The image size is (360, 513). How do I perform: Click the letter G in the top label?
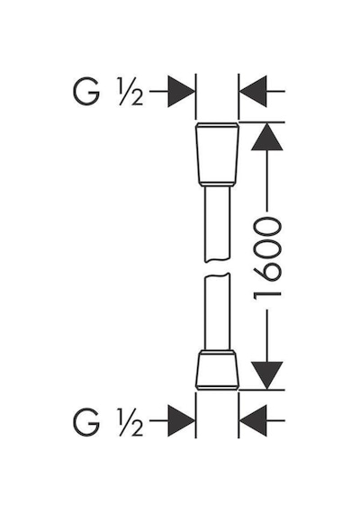coord(86,92)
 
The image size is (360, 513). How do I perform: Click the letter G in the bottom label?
coord(86,422)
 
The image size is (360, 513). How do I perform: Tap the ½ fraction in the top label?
coord(131,92)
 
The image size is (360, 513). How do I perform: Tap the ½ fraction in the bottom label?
coord(131,422)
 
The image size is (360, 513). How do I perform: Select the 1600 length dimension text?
coord(267,258)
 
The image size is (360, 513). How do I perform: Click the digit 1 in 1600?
coord(267,294)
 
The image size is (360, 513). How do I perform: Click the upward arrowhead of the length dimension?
coord(267,137)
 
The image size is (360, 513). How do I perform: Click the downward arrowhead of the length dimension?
coord(267,375)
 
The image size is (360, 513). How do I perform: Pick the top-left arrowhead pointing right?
coord(181,91)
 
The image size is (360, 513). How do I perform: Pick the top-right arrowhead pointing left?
coord(253,91)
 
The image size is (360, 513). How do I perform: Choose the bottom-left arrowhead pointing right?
coord(181,420)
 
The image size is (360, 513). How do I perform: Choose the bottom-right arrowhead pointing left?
coord(253,420)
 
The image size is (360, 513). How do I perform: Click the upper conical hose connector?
coord(217,155)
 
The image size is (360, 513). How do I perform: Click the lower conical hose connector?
coord(217,370)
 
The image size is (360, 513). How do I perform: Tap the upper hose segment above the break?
coord(217,224)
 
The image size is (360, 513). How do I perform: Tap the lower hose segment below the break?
coord(217,311)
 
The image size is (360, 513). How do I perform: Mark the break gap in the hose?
coord(217,268)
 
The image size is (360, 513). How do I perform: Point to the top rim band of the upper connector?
coord(217,125)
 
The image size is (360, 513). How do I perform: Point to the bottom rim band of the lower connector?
coord(217,387)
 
